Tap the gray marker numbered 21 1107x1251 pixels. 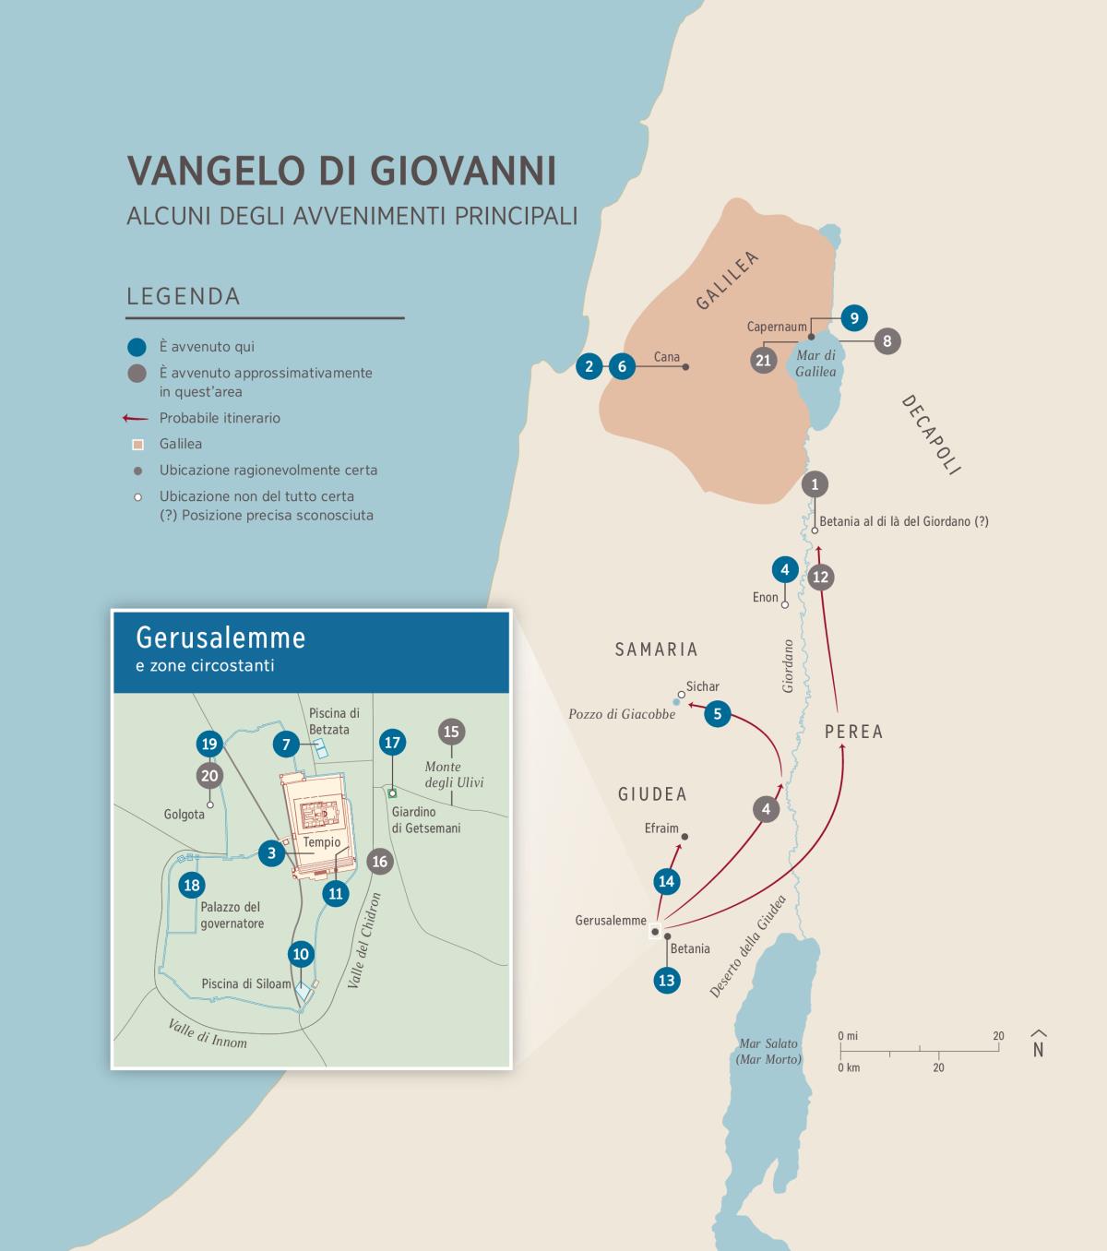pos(763,360)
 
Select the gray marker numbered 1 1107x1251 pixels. pos(815,484)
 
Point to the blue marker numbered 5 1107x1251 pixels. pos(717,713)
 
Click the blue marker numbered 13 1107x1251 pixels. pos(666,980)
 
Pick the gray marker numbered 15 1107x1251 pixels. pos(451,732)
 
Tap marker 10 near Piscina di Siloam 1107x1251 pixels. pos(301,954)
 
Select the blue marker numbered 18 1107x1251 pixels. pos(192,886)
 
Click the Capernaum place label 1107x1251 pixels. pos(777,327)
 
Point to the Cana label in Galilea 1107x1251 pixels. pos(666,357)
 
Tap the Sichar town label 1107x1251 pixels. pos(703,686)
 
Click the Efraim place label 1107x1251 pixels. pos(661,828)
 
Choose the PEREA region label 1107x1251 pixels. pos(853,732)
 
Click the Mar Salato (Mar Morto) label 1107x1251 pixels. pos(768,1051)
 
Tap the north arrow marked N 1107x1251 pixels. pos(1038,1044)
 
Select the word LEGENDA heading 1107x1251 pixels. pos(184,296)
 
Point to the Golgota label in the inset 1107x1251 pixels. pos(184,815)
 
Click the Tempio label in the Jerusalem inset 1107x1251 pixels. pos(322,841)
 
